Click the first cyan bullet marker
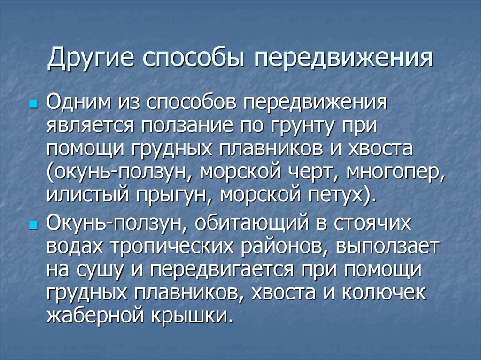pyautogui.click(x=32, y=103)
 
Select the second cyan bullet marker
pyautogui.click(x=32, y=225)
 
